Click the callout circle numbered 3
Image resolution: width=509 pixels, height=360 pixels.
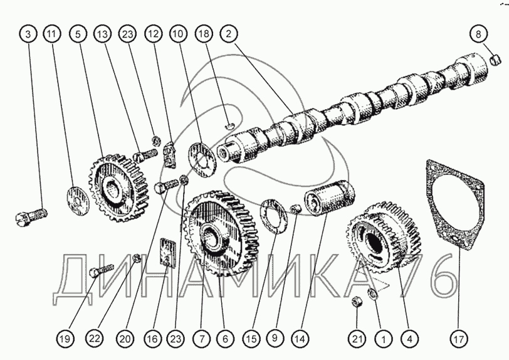click(x=28, y=34)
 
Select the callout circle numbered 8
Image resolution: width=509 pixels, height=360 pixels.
click(x=478, y=34)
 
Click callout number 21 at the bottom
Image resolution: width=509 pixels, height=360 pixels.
click(x=357, y=339)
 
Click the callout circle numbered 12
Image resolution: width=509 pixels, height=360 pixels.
click(x=154, y=34)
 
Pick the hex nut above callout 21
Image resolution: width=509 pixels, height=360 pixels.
click(x=355, y=301)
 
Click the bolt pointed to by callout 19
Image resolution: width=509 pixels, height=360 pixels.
click(x=101, y=272)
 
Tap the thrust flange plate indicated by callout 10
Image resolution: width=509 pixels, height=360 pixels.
click(x=202, y=157)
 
